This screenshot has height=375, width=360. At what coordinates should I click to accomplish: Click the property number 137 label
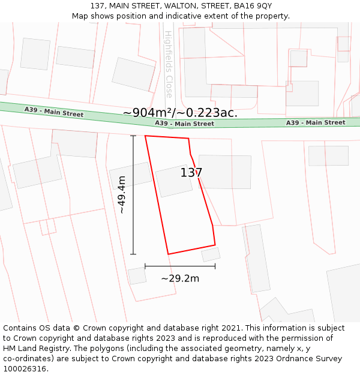coord(191,173)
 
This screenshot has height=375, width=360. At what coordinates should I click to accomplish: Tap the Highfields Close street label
coord(169,64)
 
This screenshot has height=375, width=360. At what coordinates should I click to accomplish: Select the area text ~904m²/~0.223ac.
coord(180,112)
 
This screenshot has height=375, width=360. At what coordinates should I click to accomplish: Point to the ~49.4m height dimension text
coord(122,194)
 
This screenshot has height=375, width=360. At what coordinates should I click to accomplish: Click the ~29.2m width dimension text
coord(180,278)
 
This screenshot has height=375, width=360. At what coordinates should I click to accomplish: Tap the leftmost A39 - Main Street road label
coord(54,112)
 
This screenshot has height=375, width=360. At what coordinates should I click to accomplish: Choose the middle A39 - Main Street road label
coord(184,124)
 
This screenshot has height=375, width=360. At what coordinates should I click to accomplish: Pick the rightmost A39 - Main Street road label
coord(315,122)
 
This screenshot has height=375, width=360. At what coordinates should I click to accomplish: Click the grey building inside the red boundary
coord(173,181)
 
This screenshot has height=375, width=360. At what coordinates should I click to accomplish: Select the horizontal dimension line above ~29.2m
coord(180,266)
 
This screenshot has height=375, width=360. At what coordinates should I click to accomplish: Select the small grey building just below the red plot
coord(211,254)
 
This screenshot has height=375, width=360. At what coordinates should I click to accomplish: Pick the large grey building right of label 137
coord(225,172)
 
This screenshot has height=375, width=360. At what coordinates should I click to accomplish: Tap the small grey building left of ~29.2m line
coord(137,276)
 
